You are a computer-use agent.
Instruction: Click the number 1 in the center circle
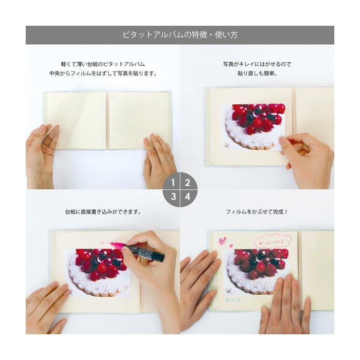[x=173, y=183]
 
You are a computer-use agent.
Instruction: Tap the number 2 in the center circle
[x=187, y=183]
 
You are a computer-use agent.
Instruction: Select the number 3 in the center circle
[x=173, y=196]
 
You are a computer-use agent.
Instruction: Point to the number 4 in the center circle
[x=187, y=196]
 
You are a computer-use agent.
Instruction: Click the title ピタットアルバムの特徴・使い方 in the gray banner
[x=179, y=35]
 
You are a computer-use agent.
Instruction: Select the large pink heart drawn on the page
[x=223, y=241]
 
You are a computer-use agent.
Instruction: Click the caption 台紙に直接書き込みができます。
[x=103, y=211]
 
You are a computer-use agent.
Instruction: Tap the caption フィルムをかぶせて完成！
[x=257, y=211]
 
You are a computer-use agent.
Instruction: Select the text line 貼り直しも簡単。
[x=257, y=74]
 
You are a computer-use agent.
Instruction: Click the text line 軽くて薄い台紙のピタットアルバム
[x=103, y=64]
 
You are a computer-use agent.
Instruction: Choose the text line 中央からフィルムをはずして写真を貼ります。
[x=103, y=74]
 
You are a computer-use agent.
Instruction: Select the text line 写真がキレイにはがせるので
[x=257, y=64]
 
